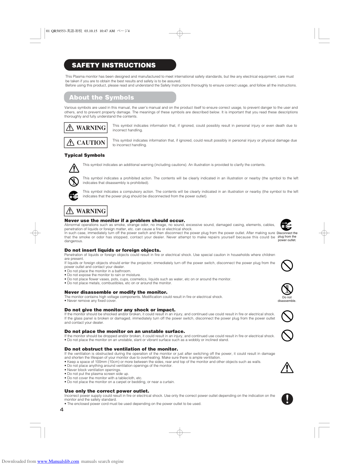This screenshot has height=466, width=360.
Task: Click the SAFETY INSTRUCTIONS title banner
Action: [120, 65]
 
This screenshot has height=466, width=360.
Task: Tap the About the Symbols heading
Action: [120, 97]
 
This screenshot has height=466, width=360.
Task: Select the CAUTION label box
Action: [86, 143]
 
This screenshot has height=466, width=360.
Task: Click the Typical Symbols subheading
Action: [84, 155]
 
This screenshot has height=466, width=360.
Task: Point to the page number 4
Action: [62, 410]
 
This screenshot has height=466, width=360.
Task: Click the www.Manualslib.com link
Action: [58, 461]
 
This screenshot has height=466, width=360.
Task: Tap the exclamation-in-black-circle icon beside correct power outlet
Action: [287, 399]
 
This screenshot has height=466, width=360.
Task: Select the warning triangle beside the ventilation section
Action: [287, 368]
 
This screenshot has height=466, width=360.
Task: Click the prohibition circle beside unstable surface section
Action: [287, 335]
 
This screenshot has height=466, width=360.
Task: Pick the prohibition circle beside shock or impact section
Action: [287, 316]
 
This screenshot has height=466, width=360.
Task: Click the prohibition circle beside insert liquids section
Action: [287, 265]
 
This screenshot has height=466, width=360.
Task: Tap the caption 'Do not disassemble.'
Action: [287, 299]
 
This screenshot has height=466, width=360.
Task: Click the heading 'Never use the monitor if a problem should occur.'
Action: [125, 221]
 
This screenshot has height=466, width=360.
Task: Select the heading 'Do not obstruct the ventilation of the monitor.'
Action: [121, 349]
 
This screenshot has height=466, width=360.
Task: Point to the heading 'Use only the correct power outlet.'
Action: [107, 391]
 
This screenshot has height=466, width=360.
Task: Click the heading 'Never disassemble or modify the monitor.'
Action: [116, 292]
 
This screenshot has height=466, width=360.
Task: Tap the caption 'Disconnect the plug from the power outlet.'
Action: [287, 237]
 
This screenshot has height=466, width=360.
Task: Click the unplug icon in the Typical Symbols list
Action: [73, 195]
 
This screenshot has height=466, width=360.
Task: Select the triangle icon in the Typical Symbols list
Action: [74, 168]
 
